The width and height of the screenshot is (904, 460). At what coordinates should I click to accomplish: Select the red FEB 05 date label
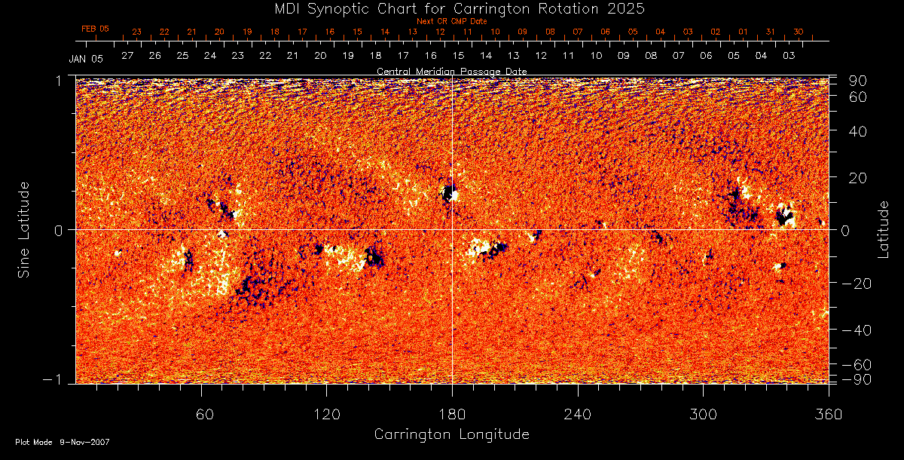click(95, 29)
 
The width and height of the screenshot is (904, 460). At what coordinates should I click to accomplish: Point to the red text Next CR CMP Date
click(452, 21)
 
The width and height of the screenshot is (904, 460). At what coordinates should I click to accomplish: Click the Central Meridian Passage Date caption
click(452, 71)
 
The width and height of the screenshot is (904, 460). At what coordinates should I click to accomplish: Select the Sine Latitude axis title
click(24, 229)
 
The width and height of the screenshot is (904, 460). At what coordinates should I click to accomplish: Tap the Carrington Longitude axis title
click(452, 434)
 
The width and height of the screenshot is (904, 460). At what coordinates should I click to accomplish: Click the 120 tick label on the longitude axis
click(326, 414)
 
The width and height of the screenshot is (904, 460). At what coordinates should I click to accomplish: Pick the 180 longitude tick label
click(452, 414)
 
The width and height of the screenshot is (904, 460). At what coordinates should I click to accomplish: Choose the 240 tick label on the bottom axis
click(578, 414)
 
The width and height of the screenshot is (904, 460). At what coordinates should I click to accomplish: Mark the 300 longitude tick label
click(703, 414)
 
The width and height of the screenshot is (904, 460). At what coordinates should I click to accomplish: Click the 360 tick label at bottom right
click(829, 414)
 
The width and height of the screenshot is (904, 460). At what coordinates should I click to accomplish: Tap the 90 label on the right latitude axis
click(859, 81)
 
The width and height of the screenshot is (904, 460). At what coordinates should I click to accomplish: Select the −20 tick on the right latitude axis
click(857, 284)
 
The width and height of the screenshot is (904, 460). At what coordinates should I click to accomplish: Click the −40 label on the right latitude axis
click(857, 330)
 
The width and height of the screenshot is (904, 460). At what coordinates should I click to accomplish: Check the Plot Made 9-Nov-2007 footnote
click(63, 442)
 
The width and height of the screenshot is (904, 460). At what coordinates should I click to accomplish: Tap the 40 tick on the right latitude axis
click(859, 131)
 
